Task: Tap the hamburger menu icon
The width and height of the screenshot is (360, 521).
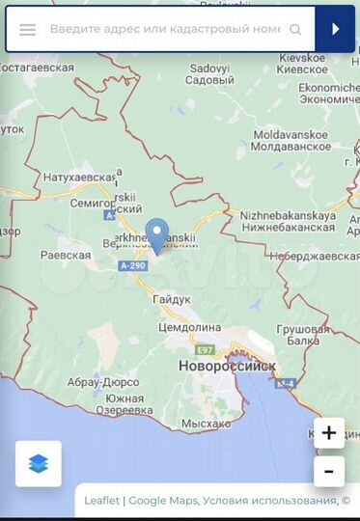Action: click(x=28, y=30)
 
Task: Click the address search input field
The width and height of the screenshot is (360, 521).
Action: click(x=164, y=30)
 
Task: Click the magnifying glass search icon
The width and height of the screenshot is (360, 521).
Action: click(x=295, y=30)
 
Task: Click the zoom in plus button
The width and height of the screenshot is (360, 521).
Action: click(x=329, y=433)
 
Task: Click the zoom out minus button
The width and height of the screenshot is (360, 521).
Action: click(x=329, y=472)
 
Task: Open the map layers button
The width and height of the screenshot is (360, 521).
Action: click(x=38, y=464)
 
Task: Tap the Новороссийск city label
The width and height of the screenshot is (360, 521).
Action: click(x=227, y=367)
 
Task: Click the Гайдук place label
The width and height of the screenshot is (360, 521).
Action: click(x=171, y=300)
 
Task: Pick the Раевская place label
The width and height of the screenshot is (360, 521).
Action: click(x=65, y=256)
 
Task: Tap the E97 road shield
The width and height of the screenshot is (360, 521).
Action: click(x=205, y=350)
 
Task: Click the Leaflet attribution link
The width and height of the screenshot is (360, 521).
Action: click(x=102, y=501)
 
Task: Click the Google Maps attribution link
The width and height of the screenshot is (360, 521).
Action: click(x=163, y=501)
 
